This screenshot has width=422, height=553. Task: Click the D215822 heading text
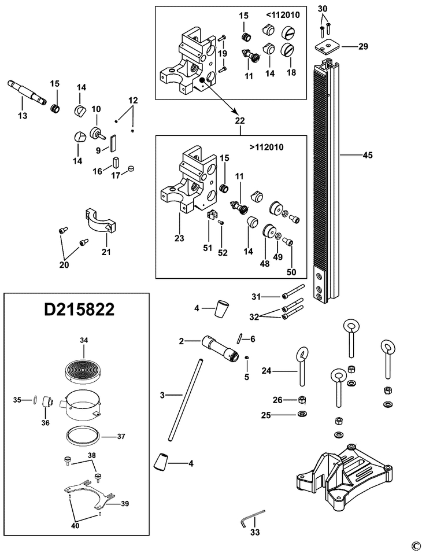(79, 309)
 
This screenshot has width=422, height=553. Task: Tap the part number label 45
(367, 155)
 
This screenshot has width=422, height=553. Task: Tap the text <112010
(283, 15)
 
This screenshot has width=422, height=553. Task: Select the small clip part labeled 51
(213, 216)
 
